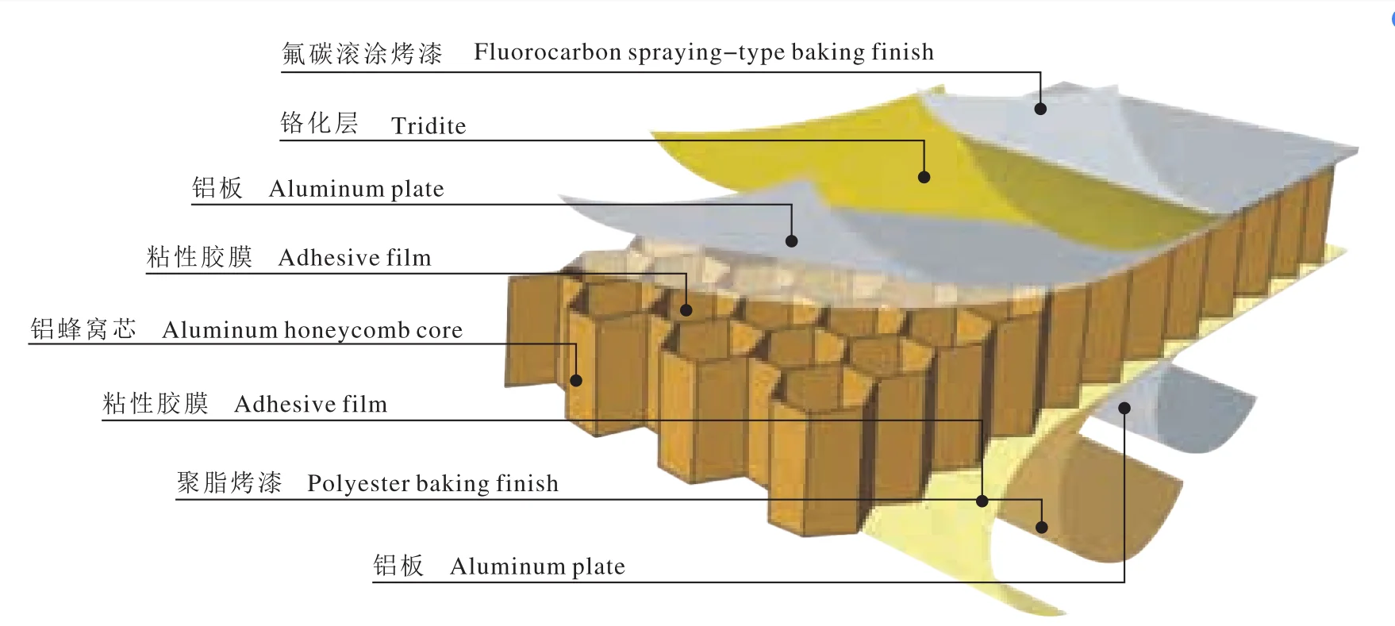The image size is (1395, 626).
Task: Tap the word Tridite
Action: (x=428, y=126)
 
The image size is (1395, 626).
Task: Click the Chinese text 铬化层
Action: (x=320, y=123)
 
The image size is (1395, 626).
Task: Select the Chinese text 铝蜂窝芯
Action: (x=83, y=329)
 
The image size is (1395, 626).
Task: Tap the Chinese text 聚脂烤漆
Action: (x=229, y=482)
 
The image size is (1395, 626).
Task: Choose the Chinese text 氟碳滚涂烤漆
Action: (x=363, y=53)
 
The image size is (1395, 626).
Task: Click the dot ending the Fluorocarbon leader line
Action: (x=1040, y=109)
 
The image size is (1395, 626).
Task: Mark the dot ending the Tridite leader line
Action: (x=924, y=177)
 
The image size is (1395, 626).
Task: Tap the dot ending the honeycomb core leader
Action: (x=576, y=381)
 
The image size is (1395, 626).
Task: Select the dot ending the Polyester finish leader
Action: (x=1042, y=527)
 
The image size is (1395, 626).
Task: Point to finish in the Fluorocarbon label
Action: (x=902, y=52)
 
